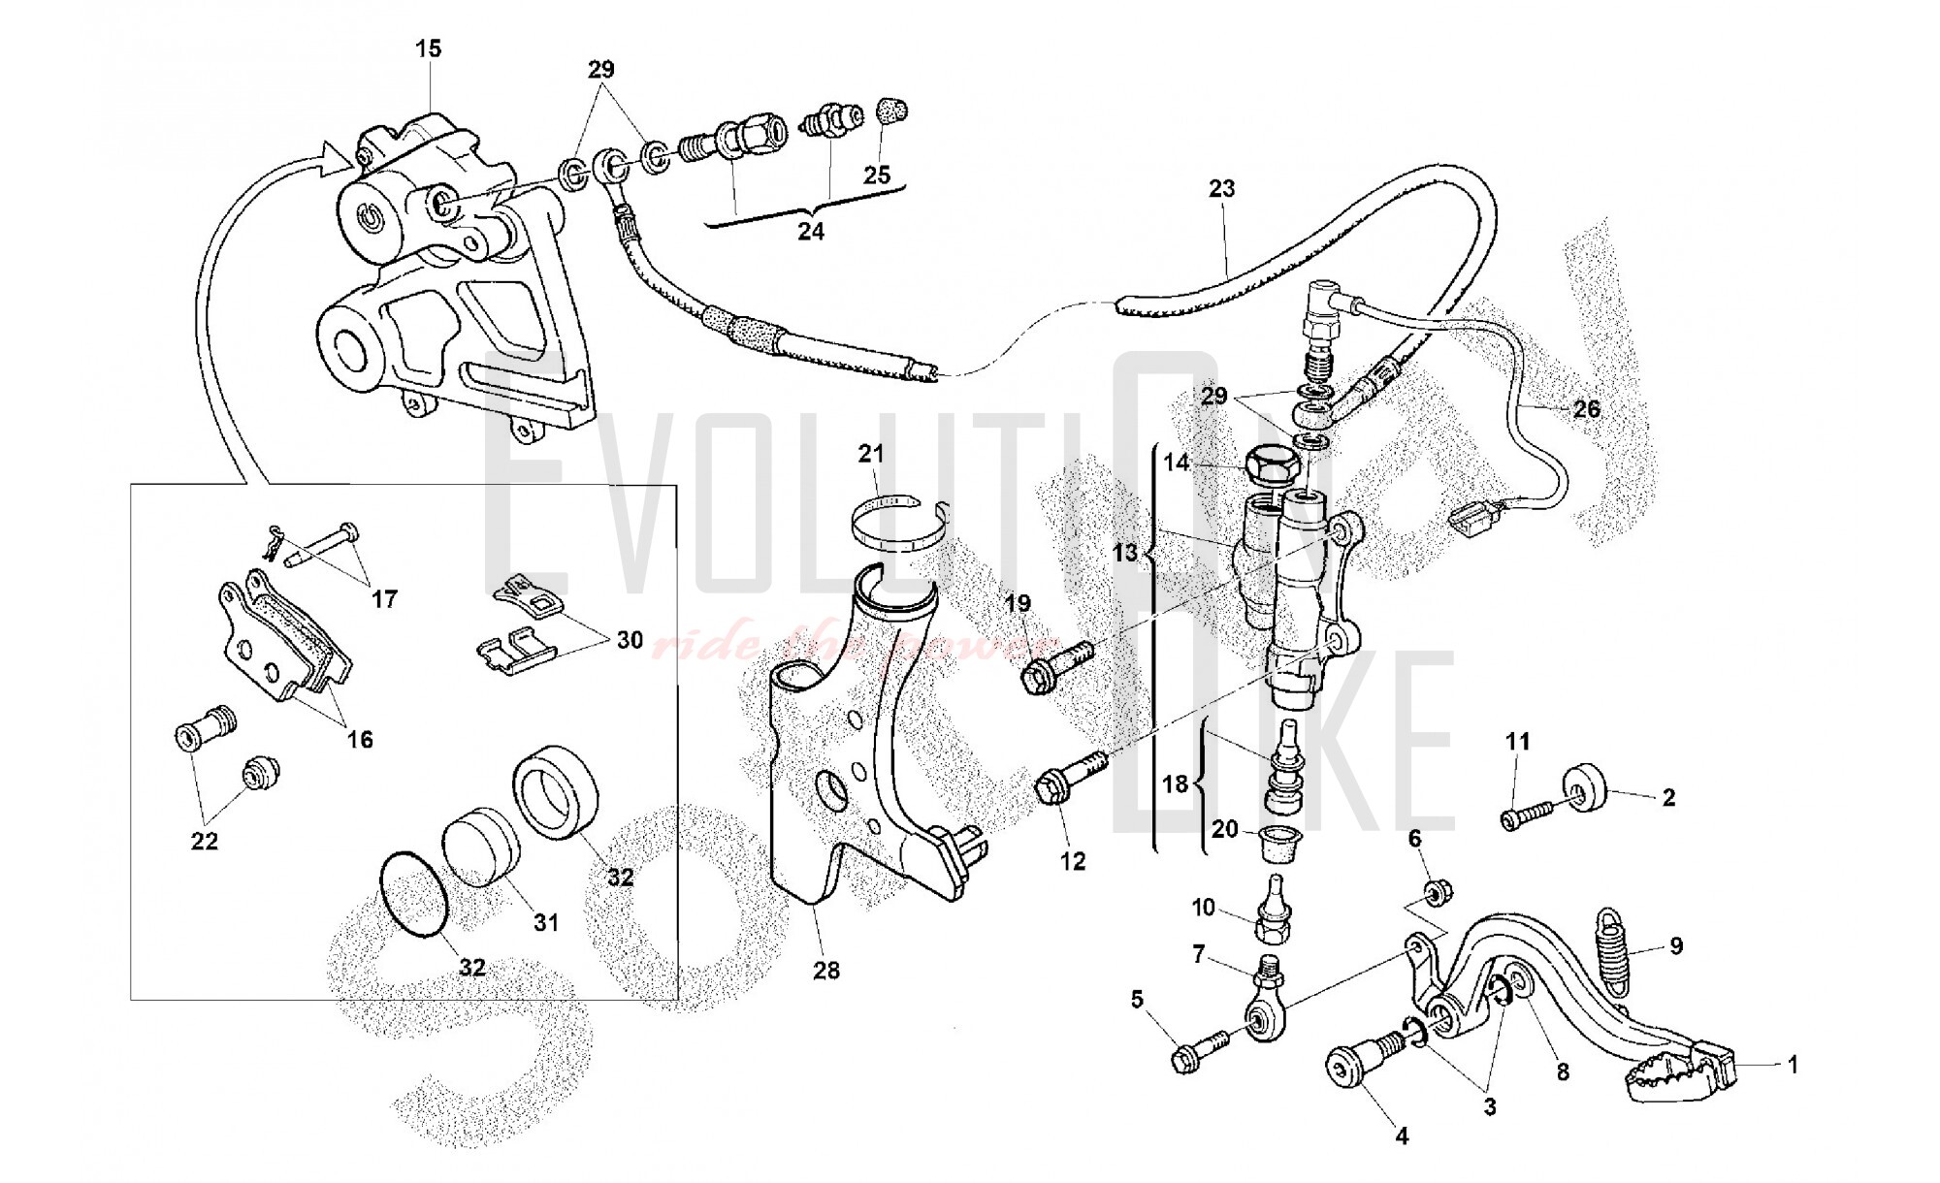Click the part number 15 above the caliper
pos(428,48)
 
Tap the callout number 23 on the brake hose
pos(1221,188)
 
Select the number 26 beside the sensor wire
pos(1586,409)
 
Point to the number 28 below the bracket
pos(826,970)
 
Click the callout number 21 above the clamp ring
pos(871,454)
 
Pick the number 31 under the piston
pos(546,921)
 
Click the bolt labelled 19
pos(1056,661)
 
